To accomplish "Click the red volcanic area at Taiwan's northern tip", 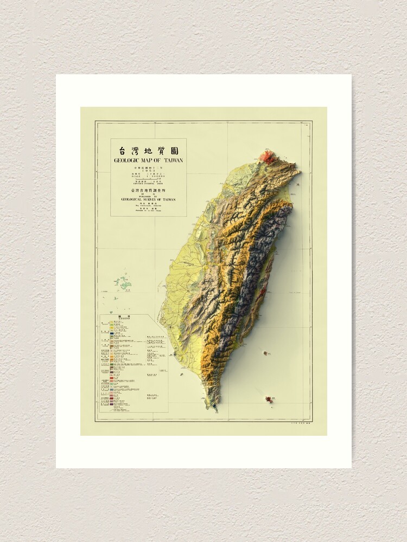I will pyautogui.click(x=269, y=157).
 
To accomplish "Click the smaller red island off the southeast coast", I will pyautogui.click(x=265, y=353).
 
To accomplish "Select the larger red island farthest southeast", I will pyautogui.click(x=269, y=399).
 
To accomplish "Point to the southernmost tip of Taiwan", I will pyautogui.click(x=216, y=408).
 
